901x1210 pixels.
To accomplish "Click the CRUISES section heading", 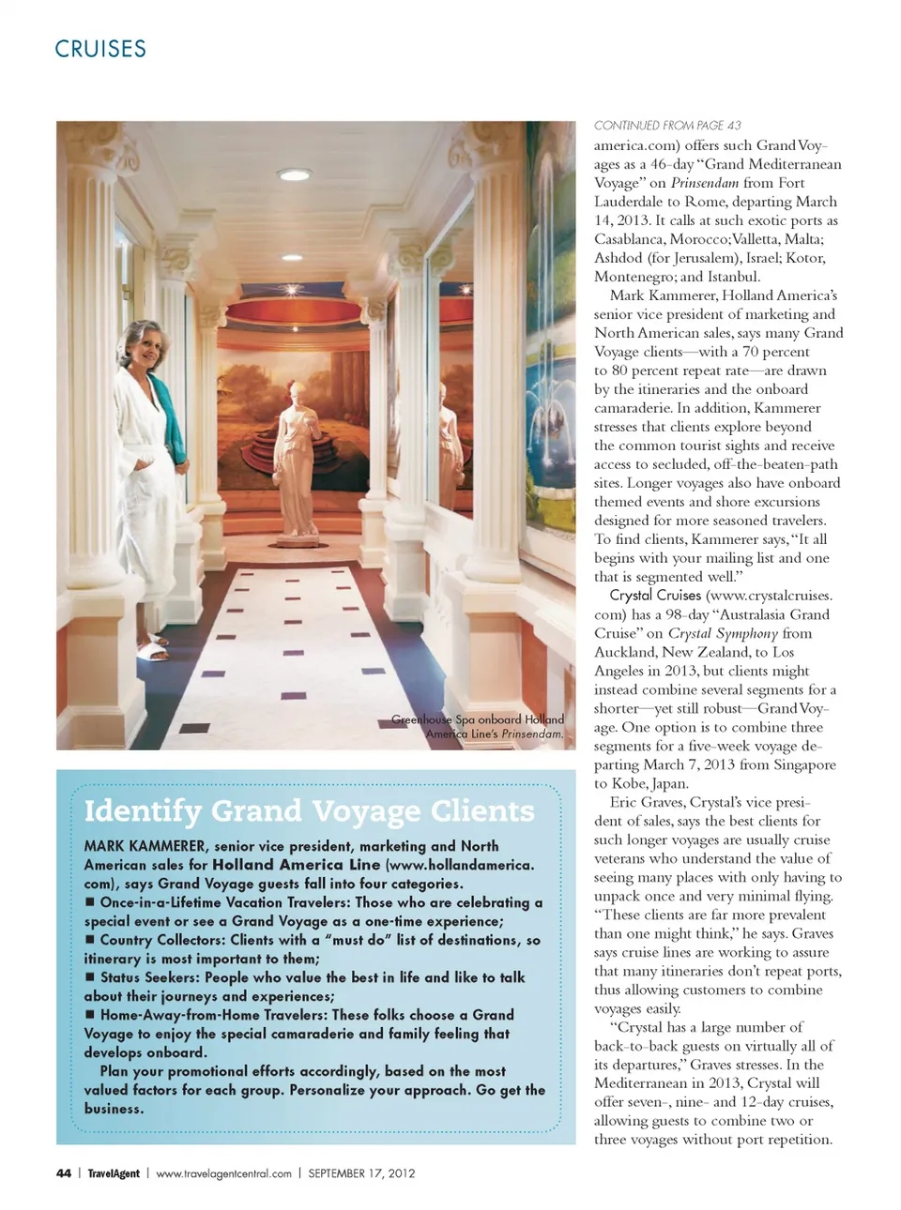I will tap(100, 49).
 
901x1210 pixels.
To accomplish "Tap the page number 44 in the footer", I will tap(64, 1173).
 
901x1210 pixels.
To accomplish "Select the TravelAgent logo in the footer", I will tap(114, 1173).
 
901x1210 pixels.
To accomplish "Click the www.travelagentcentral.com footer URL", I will tap(223, 1173).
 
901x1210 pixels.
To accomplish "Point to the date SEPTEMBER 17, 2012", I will tap(361, 1173).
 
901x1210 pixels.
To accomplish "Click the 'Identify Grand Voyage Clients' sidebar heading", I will tap(309, 811).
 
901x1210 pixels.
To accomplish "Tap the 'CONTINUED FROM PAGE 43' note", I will tap(667, 126).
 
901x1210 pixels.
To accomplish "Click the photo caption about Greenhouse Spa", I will tap(479, 727).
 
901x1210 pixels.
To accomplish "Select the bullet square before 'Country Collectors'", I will tap(90, 940).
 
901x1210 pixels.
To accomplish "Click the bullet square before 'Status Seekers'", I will tap(90, 977).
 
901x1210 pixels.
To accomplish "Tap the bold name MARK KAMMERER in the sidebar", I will tap(144, 846).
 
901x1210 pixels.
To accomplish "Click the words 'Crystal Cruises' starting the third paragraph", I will tap(655, 596).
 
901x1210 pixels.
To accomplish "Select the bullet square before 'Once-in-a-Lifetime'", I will tap(90, 902).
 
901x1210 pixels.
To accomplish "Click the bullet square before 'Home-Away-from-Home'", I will tap(90, 1015).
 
